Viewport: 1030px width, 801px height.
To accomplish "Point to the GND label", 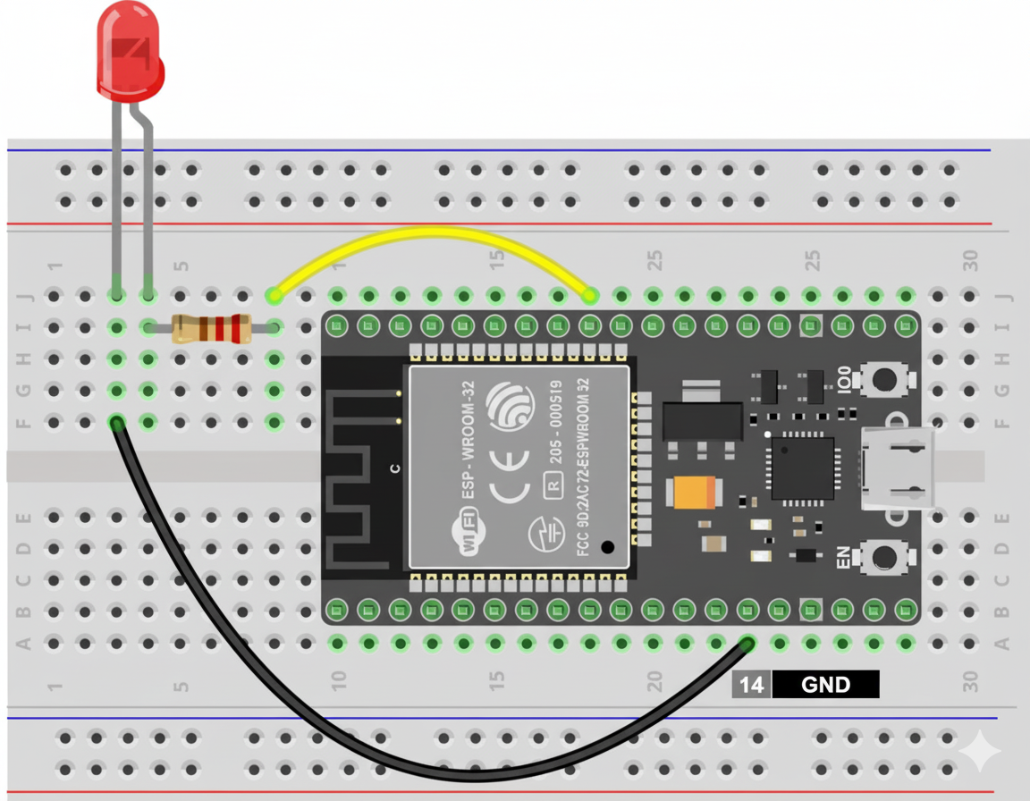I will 825,685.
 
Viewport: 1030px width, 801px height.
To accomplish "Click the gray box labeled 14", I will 751,685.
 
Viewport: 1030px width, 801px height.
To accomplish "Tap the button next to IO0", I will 883,379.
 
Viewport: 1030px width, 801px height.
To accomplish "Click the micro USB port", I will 898,468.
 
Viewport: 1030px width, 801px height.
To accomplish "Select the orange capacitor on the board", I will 694,492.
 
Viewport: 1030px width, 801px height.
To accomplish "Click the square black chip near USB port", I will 802,468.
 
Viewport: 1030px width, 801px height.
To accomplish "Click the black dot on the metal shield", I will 608,547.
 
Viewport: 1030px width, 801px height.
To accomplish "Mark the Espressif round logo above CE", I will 509,408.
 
